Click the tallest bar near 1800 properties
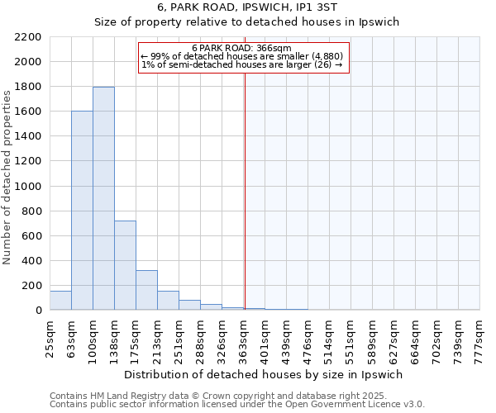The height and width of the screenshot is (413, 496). coord(103,198)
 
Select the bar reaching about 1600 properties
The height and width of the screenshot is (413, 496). coord(82,211)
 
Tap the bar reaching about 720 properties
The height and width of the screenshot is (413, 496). coord(125,265)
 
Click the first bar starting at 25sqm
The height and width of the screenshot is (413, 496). coord(60,301)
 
